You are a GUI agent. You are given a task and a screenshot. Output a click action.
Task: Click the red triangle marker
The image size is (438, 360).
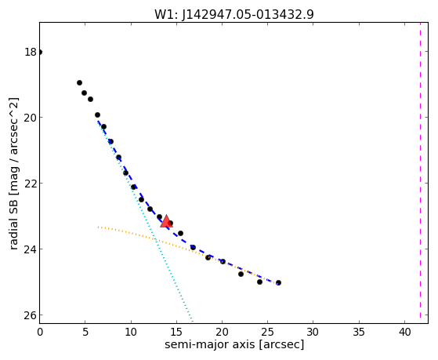[x=166, y=221]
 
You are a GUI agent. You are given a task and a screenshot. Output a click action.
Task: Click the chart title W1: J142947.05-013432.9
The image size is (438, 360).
[x=234, y=15]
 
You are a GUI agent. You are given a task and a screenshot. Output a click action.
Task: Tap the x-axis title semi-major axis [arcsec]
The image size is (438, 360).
[x=234, y=344]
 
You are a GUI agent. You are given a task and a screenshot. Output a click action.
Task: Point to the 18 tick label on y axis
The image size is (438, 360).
[x=31, y=52]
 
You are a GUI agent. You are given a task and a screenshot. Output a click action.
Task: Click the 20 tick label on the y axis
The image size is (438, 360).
[x=31, y=118]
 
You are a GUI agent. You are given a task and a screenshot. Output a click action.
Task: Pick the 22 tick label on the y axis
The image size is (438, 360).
[x=31, y=184]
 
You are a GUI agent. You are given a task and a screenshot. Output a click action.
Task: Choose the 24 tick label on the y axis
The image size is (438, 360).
[x=31, y=249]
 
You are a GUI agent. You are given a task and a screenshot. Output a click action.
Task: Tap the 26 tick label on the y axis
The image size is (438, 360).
[x=31, y=315]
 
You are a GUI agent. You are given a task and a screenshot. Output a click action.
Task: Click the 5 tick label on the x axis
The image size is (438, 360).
[x=85, y=333]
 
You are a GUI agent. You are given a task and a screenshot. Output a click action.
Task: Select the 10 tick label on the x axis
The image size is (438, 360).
[x=131, y=333]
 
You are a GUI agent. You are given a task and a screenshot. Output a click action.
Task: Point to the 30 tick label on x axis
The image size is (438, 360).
[x=313, y=333]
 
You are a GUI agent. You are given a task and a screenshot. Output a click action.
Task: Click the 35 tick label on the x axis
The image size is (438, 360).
[x=359, y=333]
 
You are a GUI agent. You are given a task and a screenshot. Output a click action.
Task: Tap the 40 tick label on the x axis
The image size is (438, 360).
[x=404, y=333]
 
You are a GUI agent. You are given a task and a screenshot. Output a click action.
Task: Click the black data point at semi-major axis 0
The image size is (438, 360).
[x=40, y=52]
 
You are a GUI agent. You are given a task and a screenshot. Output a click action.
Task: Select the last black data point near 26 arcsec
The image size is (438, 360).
[x=278, y=283]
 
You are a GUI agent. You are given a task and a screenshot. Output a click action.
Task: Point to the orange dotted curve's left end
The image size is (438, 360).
[x=98, y=227]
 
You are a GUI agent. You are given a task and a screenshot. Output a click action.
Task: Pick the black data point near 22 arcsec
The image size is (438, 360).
[x=241, y=275]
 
